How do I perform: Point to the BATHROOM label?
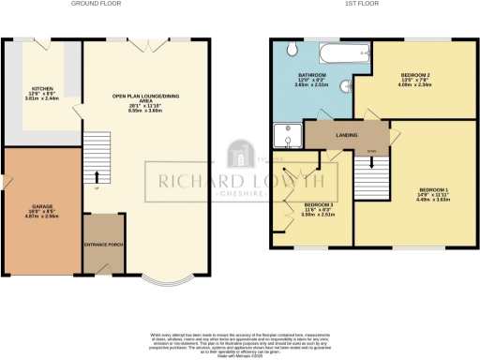311,74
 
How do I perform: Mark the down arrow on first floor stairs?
372,161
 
